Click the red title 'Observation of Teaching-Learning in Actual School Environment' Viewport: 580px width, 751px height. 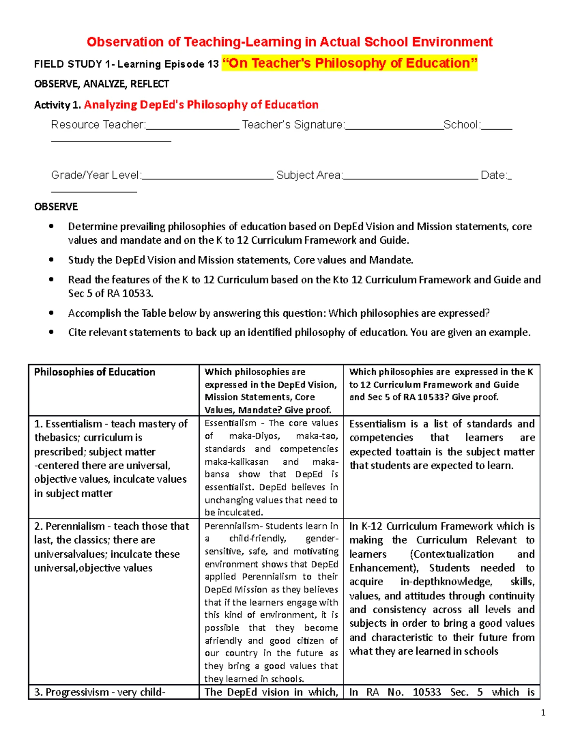(x=290, y=42)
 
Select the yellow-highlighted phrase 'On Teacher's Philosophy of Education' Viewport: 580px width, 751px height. (x=349, y=63)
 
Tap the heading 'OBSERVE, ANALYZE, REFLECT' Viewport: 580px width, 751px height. (x=101, y=84)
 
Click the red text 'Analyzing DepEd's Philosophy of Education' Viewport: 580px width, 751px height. (x=201, y=105)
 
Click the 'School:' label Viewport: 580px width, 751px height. (x=462, y=125)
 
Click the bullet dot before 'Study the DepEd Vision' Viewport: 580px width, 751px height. (x=52, y=260)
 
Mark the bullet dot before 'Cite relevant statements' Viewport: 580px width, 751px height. (x=52, y=333)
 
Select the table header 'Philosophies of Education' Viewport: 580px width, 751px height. (x=95, y=372)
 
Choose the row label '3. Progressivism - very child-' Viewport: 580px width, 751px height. (x=100, y=692)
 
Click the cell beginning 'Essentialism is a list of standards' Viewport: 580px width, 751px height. (x=442, y=444)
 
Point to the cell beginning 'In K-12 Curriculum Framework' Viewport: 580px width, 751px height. (x=442, y=589)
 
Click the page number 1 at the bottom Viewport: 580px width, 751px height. (x=543, y=712)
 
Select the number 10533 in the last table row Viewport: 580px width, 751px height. (x=427, y=692)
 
